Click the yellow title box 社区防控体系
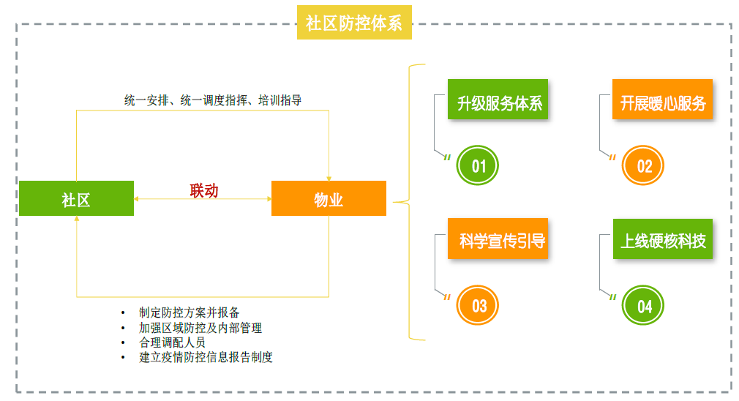[x=354, y=23]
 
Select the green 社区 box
[x=76, y=199]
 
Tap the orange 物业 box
[x=329, y=199]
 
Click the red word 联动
[x=204, y=191]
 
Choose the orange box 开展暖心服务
[x=663, y=103]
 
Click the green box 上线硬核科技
[x=663, y=241]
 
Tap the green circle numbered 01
[x=479, y=166]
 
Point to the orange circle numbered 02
[x=644, y=166]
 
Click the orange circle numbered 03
[x=479, y=305]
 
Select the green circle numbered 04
[x=644, y=305]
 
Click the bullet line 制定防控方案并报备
[x=190, y=313]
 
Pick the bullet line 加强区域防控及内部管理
[x=200, y=328]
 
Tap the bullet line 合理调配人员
[x=172, y=342]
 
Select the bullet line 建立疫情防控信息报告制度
[x=206, y=357]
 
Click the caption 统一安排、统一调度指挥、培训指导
[x=213, y=100]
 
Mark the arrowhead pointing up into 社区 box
[x=77, y=220]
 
